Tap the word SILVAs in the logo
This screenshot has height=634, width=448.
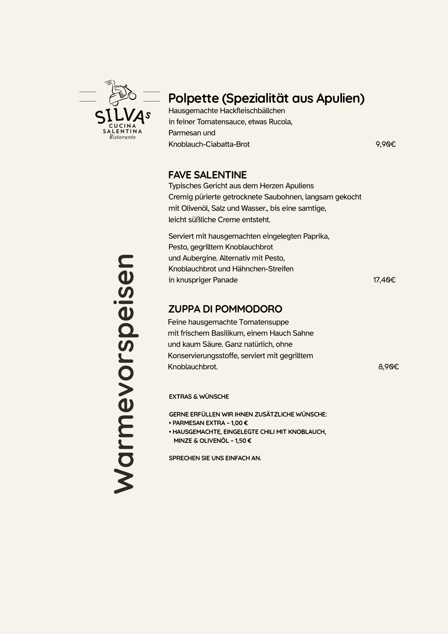[x=122, y=116]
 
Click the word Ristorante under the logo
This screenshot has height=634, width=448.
[x=122, y=137]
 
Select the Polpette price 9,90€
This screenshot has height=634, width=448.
[x=386, y=145]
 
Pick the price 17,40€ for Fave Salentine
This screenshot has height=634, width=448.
[x=384, y=280]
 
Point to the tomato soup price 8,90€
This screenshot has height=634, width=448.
[x=388, y=367]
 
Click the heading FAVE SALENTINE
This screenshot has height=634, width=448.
[x=207, y=175]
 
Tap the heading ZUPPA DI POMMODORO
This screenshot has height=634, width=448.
[x=225, y=309]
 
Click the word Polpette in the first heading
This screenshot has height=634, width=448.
[x=193, y=99]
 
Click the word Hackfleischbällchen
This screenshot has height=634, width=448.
[x=252, y=111]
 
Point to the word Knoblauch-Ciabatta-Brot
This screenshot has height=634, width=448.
[x=209, y=145]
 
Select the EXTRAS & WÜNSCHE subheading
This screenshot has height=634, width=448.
[x=199, y=397]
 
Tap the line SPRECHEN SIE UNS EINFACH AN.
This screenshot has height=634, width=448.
[x=215, y=458]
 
